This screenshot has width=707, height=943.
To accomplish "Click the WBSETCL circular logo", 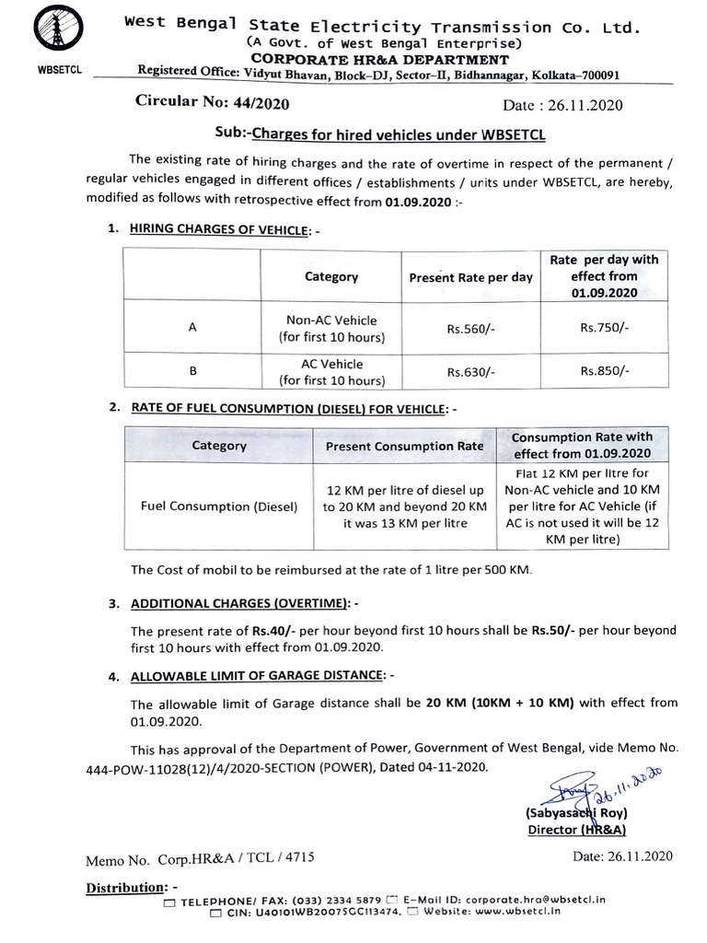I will pyautogui.click(x=43, y=33).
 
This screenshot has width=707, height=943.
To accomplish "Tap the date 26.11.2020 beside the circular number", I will pyautogui.click(x=564, y=105).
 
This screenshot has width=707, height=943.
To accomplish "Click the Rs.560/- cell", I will pyautogui.click(x=470, y=329).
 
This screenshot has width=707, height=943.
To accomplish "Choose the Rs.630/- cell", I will pyautogui.click(x=470, y=372).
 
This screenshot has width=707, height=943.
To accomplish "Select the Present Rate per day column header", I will pyautogui.click(x=470, y=276).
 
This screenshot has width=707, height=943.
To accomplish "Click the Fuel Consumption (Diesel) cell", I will pyautogui.click(x=219, y=506).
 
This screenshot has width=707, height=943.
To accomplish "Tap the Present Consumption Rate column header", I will pyautogui.click(x=404, y=446).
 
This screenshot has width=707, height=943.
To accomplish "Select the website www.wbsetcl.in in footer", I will pyautogui.click(x=518, y=912).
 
